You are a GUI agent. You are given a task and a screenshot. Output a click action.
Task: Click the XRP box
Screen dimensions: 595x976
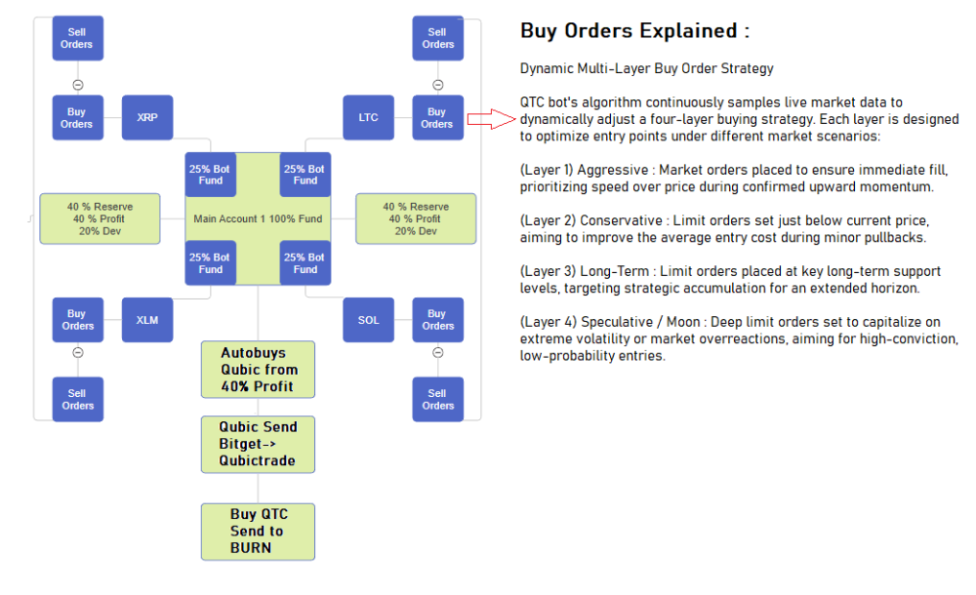click(147, 117)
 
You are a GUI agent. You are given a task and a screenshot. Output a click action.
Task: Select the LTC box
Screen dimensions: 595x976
click(368, 117)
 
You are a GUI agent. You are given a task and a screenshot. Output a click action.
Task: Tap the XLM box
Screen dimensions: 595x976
click(147, 320)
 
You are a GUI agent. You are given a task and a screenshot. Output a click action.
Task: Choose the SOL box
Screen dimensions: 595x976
click(368, 320)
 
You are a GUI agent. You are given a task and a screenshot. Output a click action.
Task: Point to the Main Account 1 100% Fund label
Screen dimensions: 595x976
click(258, 218)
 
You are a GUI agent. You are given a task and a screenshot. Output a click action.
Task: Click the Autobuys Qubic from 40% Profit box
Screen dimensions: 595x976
click(258, 370)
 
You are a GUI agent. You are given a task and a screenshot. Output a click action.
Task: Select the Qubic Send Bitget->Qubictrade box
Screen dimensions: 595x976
click(258, 445)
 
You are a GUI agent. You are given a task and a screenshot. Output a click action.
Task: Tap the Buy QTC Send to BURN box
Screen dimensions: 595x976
click(258, 531)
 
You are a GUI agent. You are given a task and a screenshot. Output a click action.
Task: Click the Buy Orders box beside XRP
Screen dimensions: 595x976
click(77, 117)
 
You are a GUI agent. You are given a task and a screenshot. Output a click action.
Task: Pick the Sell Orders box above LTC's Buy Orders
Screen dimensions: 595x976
click(437, 38)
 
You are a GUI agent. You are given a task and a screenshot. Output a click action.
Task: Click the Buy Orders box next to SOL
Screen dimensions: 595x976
click(437, 320)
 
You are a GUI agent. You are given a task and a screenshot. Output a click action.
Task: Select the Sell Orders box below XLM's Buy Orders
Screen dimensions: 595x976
click(77, 399)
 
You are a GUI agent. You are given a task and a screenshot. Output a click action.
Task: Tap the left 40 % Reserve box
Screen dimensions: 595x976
click(100, 218)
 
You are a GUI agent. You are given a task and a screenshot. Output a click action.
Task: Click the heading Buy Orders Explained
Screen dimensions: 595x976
click(634, 31)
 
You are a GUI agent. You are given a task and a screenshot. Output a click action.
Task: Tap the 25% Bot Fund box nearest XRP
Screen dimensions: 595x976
click(211, 175)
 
